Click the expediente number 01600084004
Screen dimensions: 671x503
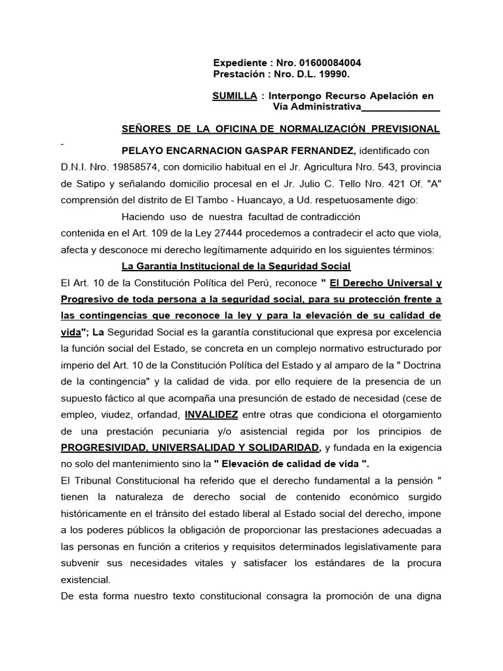329,63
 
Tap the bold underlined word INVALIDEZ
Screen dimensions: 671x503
212,415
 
